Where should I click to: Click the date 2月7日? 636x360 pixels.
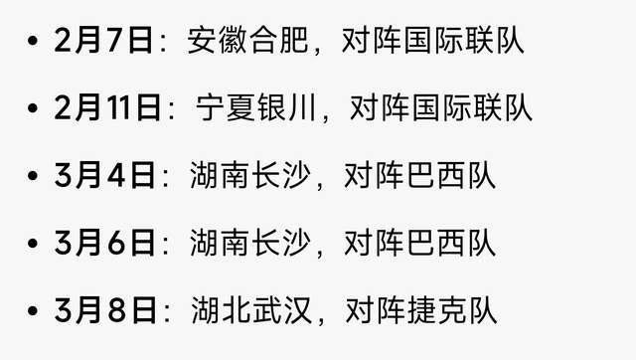tap(103, 40)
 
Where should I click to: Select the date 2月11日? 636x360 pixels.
tap(107, 107)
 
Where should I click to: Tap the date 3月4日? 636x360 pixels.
tap(104, 175)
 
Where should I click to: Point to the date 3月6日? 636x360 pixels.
tap(104, 243)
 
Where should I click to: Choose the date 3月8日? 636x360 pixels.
tap(104, 310)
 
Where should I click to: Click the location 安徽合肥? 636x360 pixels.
tap(247, 40)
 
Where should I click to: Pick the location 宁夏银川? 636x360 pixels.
tap(255, 107)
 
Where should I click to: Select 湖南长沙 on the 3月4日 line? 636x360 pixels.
tap(249, 175)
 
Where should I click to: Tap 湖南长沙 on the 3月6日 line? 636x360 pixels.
tap(249, 243)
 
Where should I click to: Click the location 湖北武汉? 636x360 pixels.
tap(251, 310)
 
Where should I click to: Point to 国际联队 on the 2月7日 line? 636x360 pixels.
tap(464, 40)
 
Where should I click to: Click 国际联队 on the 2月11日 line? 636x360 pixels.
tap(472, 107)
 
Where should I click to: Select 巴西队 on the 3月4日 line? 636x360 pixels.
tap(451, 175)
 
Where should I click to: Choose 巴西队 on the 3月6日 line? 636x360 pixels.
tap(451, 243)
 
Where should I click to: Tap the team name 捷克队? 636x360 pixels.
tap(452, 310)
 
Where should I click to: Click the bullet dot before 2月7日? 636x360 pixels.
tap(33, 41)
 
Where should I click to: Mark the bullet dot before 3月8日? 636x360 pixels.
tap(33, 311)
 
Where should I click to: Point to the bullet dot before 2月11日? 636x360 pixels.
tap(33, 108)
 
